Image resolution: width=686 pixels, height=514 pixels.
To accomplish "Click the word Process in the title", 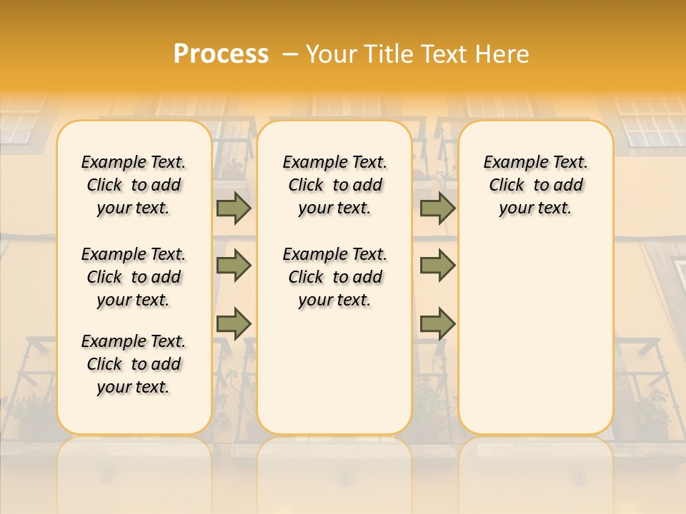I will click(221, 54).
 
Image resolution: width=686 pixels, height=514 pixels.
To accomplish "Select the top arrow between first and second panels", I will click(234, 208).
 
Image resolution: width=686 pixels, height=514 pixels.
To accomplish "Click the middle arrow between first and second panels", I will click(234, 266).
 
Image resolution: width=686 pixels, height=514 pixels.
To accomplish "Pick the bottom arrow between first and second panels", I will click(234, 323).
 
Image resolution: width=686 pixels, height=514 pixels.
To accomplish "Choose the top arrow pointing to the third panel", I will click(437, 208).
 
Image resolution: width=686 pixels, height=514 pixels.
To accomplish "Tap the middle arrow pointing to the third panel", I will click(437, 266).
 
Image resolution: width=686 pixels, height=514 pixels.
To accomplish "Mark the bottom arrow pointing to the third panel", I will click(437, 323).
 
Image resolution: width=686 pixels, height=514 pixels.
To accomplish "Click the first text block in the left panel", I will click(134, 185).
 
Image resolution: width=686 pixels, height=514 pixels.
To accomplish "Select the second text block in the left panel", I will click(134, 277).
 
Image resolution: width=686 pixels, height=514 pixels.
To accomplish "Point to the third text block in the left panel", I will click(134, 364).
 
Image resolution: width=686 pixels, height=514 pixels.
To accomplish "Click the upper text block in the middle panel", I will click(334, 185).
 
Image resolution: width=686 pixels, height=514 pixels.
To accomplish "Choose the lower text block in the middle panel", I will click(334, 277).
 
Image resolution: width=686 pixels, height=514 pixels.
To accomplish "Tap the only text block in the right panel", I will click(535, 185).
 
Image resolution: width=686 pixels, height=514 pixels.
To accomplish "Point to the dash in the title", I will click(289, 54).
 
